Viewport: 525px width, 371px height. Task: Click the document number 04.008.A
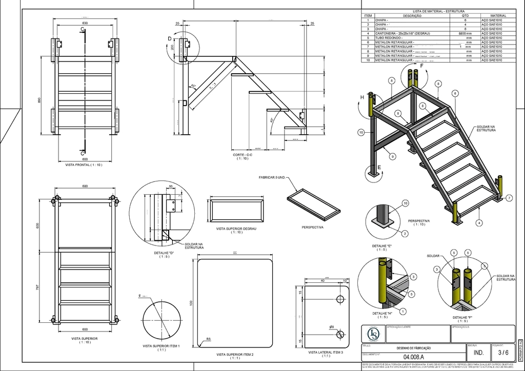tap(413, 357)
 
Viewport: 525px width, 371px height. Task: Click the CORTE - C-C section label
tap(243, 154)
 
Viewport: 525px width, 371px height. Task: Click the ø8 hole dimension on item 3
tap(332, 326)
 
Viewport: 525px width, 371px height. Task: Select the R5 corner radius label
tap(208, 339)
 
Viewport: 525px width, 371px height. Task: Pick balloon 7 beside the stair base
tap(509, 198)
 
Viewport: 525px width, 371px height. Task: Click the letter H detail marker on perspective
tap(362, 97)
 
